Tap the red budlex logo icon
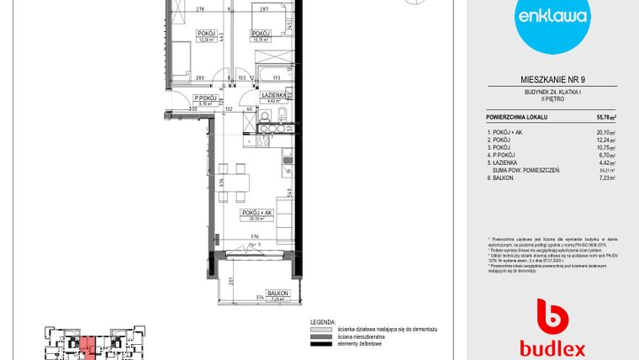tap(552, 316)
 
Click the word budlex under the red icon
tap(552, 347)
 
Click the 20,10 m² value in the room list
tap(606, 132)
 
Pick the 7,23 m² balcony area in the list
tap(606, 177)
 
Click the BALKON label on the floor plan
tap(278, 293)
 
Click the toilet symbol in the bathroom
tap(284, 116)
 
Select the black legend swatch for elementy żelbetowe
tap(321, 344)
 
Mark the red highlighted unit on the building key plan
tap(88, 345)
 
